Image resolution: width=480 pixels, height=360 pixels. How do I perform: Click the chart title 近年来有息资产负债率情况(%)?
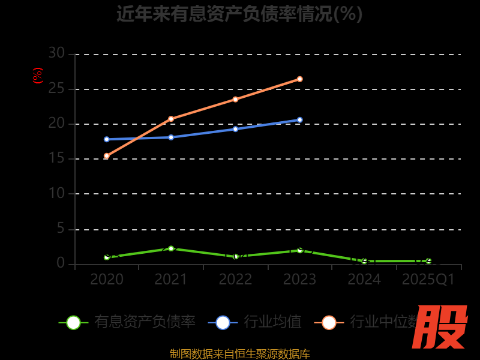(x=240, y=13)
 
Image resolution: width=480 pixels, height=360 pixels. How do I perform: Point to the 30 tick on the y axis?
(x=56, y=53)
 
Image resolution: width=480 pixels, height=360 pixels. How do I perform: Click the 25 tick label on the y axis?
(x=56, y=89)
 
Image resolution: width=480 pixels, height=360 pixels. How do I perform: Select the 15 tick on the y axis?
(x=56, y=159)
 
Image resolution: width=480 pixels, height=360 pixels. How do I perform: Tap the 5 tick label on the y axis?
(x=60, y=229)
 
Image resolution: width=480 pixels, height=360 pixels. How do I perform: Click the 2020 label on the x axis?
(x=107, y=280)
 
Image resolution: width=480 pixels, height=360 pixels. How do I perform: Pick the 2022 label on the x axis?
(x=235, y=280)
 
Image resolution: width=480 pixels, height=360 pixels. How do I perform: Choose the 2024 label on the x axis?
(x=364, y=280)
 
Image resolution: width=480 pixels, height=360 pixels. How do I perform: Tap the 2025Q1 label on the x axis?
(x=428, y=280)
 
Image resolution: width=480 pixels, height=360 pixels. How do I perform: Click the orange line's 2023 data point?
(x=300, y=79)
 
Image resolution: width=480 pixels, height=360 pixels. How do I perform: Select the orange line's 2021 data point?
(x=171, y=119)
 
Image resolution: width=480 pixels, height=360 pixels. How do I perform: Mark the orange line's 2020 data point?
(x=107, y=156)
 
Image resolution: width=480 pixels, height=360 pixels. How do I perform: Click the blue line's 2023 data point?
(x=300, y=120)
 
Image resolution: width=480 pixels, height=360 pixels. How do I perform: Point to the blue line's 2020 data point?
(x=107, y=139)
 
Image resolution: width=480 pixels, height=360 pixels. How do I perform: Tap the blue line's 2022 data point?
(x=235, y=129)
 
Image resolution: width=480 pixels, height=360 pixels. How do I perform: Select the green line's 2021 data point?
(x=171, y=248)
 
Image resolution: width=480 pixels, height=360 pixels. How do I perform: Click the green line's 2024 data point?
(x=364, y=261)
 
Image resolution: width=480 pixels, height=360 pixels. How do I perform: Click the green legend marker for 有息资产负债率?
(x=73, y=322)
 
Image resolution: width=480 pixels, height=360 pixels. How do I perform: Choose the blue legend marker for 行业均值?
(x=223, y=322)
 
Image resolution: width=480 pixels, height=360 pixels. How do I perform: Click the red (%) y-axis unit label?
(x=37, y=76)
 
